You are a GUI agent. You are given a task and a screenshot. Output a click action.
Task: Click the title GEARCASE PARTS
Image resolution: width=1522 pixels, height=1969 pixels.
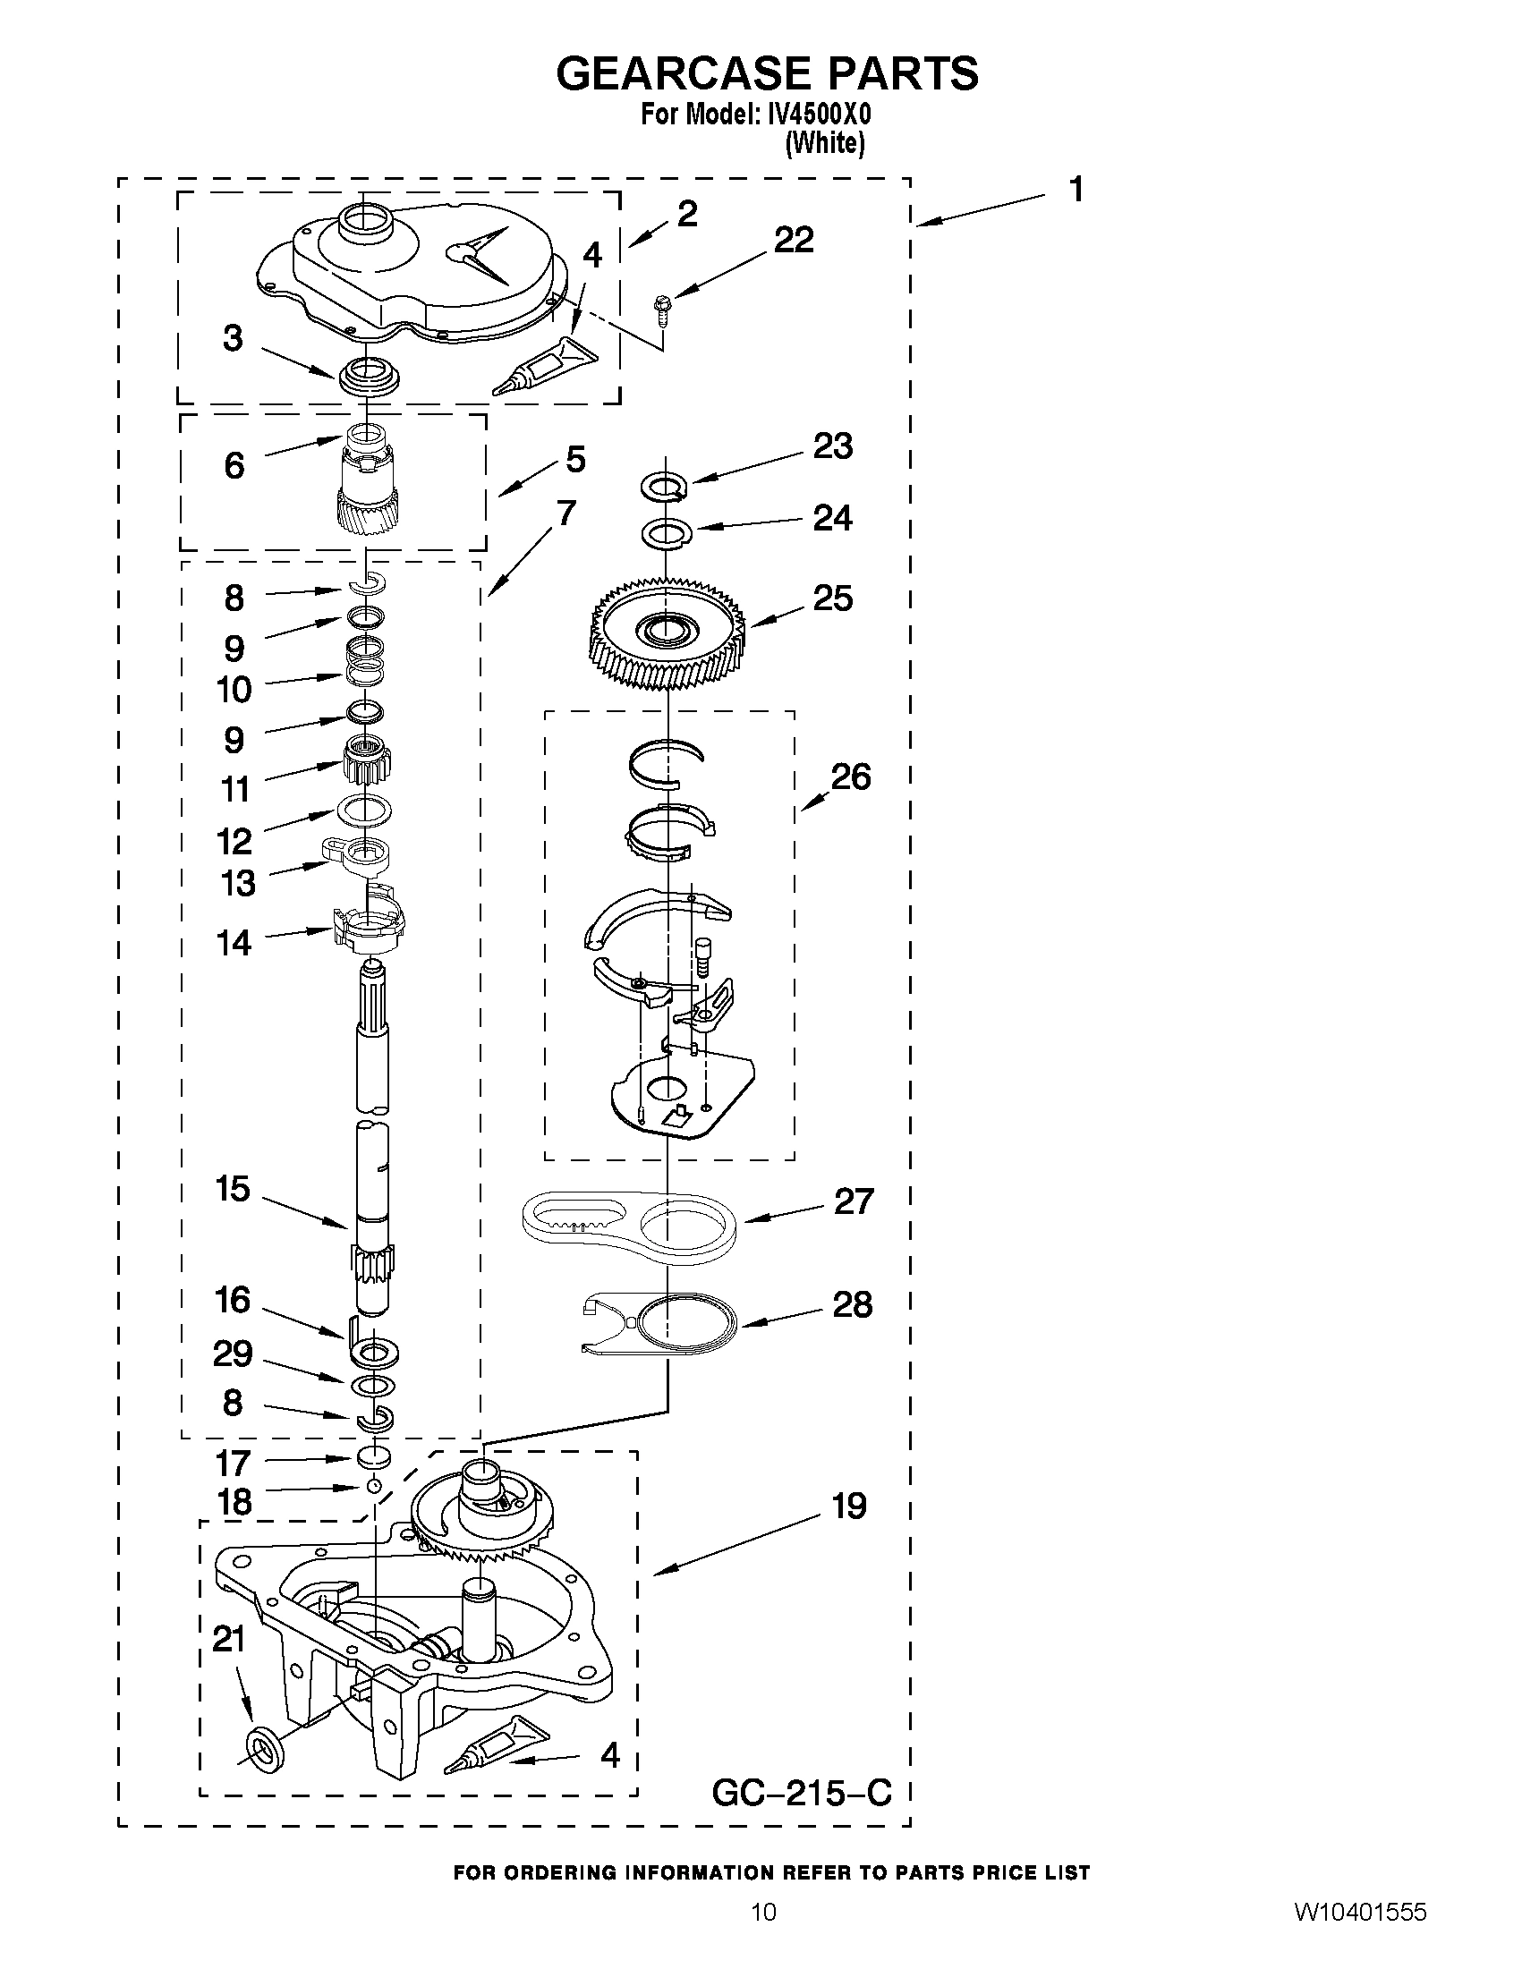pos(767,74)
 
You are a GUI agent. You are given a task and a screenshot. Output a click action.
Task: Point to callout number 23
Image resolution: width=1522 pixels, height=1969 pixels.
pos(832,446)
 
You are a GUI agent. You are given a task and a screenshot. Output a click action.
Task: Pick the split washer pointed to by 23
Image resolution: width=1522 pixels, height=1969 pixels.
pos(665,486)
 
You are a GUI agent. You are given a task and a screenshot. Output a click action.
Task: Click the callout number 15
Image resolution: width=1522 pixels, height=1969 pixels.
pos(232,1189)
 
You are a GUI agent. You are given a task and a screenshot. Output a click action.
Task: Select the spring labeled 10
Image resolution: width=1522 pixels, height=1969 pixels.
pos(366,660)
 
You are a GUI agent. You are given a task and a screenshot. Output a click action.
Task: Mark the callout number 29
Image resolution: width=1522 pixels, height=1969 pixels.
pos(232,1354)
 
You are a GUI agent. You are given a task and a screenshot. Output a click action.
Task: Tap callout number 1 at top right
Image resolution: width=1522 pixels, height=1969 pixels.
pos(1076,191)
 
